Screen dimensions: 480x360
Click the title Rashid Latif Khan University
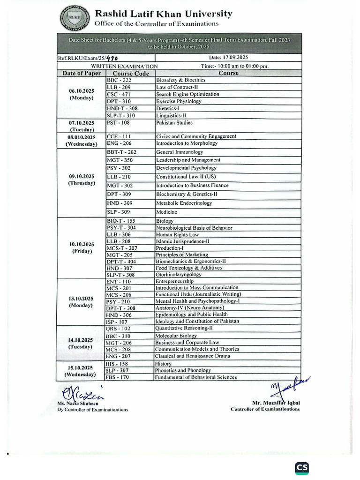[x=163, y=14]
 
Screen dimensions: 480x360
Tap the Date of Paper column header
[x=82, y=74]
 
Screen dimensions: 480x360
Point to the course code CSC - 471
[x=120, y=94]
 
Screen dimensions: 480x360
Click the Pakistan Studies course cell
[x=174, y=123]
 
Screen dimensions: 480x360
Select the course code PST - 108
[x=118, y=123]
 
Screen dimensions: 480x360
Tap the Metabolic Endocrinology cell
[x=184, y=203]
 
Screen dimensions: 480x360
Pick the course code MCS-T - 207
[x=122, y=248]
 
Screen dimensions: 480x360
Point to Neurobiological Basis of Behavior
[x=194, y=228]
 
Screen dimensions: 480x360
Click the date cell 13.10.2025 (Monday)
[x=82, y=301]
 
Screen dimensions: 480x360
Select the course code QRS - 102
[x=119, y=329]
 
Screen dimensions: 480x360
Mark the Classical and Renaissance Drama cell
[x=193, y=356]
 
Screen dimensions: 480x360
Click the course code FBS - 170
[x=118, y=377]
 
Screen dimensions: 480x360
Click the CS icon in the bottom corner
[x=302, y=468]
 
